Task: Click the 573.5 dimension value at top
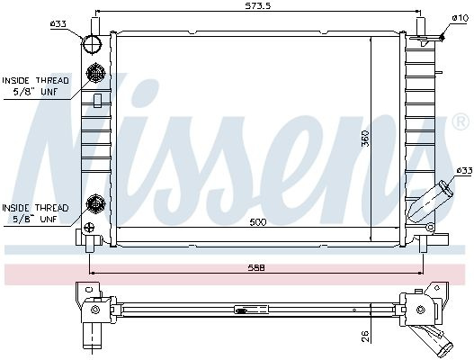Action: click(x=258, y=5)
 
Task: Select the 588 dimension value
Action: click(x=256, y=267)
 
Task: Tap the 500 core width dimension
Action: click(x=258, y=222)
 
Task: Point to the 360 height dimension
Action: click(x=365, y=139)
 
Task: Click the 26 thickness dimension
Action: click(x=365, y=336)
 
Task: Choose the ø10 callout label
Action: click(x=460, y=18)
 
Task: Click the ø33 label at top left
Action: click(x=58, y=23)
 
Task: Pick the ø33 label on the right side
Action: click(x=464, y=171)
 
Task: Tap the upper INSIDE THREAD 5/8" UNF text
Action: click(x=36, y=85)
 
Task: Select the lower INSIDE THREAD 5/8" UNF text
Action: click(x=35, y=213)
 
